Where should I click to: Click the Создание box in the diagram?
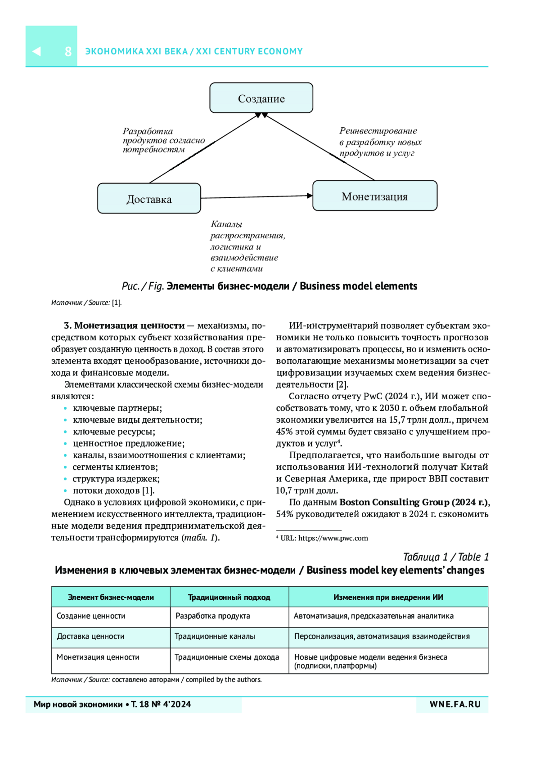tap(261, 98)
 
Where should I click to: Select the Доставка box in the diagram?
tap(149, 199)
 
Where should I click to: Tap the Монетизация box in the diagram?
tap(374, 196)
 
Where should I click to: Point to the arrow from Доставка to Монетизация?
tap(256, 196)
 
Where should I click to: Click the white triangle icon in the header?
tap(37, 51)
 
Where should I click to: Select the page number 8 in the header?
tap(68, 51)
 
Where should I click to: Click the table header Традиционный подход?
tap(229, 597)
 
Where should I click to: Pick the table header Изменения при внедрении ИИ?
tap(388, 597)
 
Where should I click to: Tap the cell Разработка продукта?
tap(212, 616)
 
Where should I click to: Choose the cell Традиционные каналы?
tap(215, 636)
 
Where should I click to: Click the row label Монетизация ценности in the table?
tap(98, 657)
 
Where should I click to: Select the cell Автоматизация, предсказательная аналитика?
tap(373, 616)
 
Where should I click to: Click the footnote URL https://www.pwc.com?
tap(333, 538)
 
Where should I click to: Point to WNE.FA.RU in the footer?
tap(455, 705)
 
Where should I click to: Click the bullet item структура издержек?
tap(116, 478)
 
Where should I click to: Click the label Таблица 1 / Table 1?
tap(445, 557)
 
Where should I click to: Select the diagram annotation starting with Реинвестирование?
tap(380, 142)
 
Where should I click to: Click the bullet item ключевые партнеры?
tap(117, 408)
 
